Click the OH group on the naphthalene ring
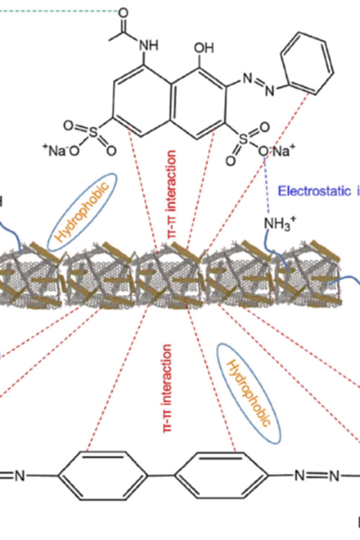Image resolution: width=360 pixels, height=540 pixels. [204, 48]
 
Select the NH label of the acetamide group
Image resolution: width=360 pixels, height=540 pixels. [149, 45]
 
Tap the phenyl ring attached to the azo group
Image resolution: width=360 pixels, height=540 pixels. [307, 63]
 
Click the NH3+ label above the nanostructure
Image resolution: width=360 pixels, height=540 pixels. [280, 224]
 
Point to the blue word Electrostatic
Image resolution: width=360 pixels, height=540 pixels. [314, 191]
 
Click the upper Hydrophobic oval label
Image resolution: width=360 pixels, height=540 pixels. [82, 212]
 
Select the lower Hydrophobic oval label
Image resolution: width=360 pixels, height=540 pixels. [249, 394]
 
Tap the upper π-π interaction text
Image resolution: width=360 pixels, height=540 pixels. [172, 194]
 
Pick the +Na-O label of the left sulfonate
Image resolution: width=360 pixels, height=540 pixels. [61, 151]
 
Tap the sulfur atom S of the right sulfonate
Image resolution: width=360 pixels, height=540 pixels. [244, 139]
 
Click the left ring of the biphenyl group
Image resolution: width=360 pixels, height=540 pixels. [103, 476]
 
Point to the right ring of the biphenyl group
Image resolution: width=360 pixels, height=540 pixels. [221, 476]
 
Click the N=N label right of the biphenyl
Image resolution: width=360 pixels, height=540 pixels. [317, 476]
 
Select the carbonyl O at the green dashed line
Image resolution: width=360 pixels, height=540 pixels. [123, 13]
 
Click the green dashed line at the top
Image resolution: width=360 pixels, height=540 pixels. [59, 11]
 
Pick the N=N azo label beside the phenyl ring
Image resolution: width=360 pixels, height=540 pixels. [259, 84]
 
